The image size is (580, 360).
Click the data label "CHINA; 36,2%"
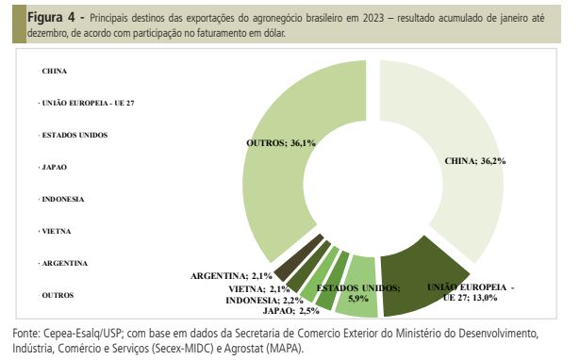[x=475, y=161]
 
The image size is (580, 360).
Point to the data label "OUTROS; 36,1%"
[x=280, y=142]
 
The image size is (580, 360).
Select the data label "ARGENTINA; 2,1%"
[x=231, y=275]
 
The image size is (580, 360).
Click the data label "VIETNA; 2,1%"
[x=259, y=287]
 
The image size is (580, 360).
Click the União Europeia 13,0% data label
[x=470, y=291]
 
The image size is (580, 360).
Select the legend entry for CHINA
[x=55, y=71]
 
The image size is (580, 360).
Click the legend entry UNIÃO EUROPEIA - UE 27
[x=89, y=102]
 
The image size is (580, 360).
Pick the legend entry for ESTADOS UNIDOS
[x=75, y=135]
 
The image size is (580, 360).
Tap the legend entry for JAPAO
[x=56, y=167]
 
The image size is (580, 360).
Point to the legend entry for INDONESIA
[x=63, y=199]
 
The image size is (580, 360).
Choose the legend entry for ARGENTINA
[x=65, y=262]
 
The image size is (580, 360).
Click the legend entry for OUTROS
[x=58, y=294]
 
